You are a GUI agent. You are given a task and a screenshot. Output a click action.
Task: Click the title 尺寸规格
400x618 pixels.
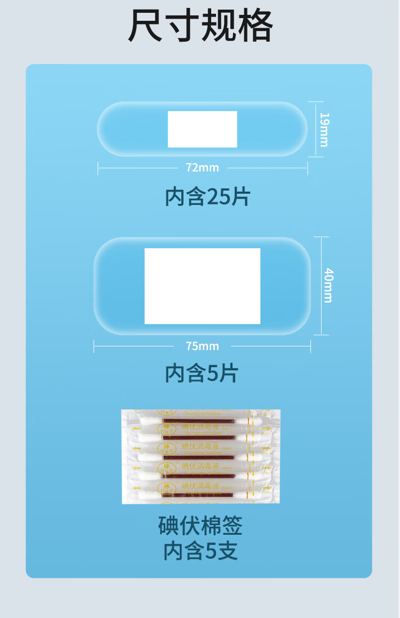point(200,25)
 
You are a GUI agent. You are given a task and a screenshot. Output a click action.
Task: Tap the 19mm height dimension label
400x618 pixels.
point(324,129)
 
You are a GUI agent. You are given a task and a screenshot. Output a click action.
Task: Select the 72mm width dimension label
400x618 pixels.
point(202,168)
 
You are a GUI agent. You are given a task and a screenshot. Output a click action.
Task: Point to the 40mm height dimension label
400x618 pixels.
point(327,286)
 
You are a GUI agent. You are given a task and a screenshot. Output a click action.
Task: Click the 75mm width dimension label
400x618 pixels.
point(202,346)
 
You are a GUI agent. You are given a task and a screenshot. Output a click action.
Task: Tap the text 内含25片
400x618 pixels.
point(207,197)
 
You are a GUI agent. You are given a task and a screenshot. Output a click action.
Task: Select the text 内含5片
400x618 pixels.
point(202,373)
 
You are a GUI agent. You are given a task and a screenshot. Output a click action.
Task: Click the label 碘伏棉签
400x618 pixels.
point(201,526)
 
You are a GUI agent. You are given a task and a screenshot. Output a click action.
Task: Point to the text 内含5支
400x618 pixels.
point(201,551)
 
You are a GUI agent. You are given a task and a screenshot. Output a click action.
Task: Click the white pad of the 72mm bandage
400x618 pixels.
point(202,129)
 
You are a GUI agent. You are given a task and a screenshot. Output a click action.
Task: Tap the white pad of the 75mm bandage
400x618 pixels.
point(202,286)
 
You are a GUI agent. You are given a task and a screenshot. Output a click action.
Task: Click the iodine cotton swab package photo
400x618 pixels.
point(201,456)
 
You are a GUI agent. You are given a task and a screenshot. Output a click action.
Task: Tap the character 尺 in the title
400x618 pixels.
point(145,25)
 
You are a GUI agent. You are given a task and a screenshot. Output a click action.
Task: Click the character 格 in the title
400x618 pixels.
point(255,25)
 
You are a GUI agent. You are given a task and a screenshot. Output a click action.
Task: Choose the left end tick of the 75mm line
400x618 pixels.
point(94,346)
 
